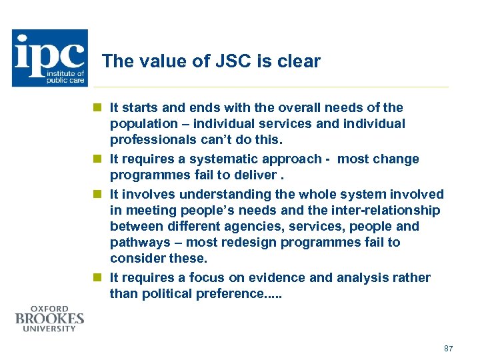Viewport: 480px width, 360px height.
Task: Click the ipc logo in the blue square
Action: pos(49,58)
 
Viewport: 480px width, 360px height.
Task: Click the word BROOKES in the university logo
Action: pos(49,319)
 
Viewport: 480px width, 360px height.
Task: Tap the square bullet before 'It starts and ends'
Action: pos(97,107)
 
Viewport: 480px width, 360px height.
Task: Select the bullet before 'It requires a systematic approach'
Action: pos(97,159)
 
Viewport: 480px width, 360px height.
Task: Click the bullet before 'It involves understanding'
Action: pos(97,194)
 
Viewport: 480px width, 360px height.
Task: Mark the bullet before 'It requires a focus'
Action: pos(97,277)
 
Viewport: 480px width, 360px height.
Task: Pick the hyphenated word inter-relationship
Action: pos(383,211)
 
